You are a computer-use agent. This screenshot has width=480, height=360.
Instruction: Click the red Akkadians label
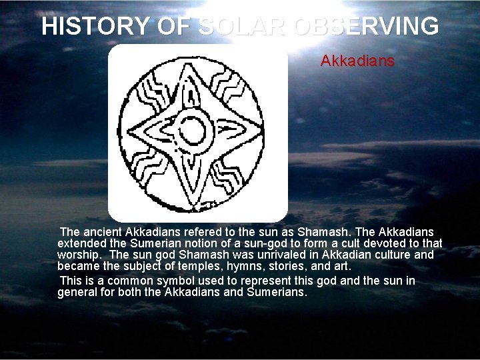357,61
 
